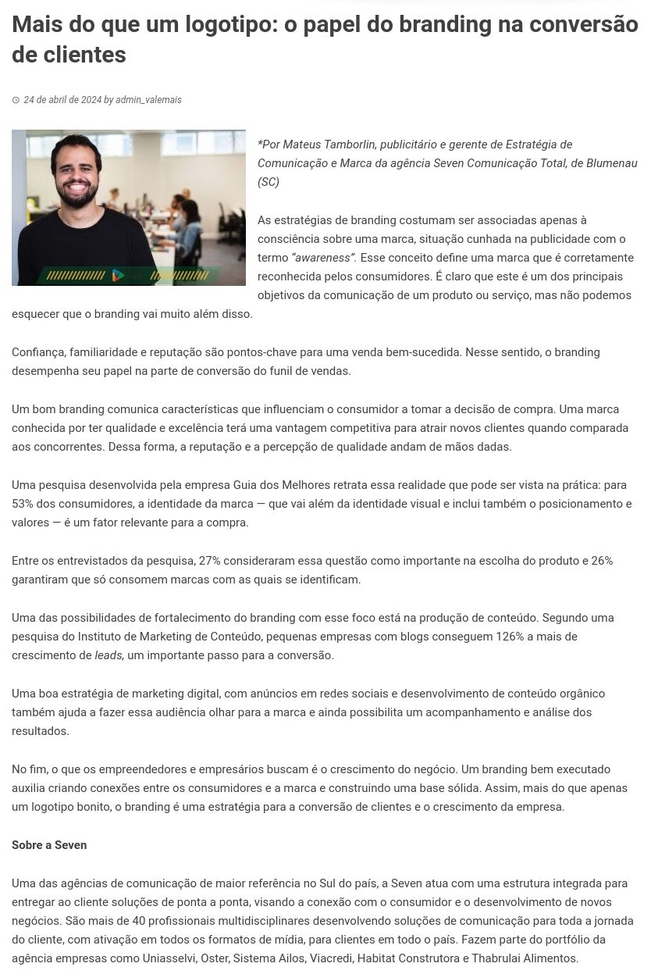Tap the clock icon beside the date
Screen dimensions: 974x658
tap(16, 100)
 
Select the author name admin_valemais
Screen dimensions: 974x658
tap(148, 100)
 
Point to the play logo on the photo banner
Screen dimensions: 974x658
tap(117, 275)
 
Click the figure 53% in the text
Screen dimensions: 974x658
tap(24, 504)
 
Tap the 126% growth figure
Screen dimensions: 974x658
tap(510, 637)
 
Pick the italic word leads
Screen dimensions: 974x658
tap(109, 655)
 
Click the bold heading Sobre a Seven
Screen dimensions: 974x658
tap(49, 845)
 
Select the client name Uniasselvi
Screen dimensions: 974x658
tap(169, 958)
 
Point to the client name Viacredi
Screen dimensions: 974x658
tap(330, 958)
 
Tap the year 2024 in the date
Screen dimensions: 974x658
tap(91, 100)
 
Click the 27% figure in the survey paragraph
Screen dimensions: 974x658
tap(210, 561)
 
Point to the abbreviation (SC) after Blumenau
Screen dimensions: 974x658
tap(269, 182)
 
